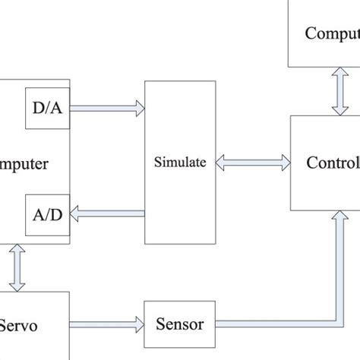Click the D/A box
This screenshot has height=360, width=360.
(48, 109)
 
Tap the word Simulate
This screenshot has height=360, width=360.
(180, 161)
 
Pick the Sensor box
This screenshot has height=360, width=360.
(179, 324)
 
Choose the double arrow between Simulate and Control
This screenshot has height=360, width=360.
(253, 162)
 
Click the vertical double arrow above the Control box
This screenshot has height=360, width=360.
(335, 91)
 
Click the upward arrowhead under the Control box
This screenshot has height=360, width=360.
(335, 218)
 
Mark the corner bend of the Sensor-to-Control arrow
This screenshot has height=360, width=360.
(335, 324)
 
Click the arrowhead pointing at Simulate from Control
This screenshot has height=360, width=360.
(220, 162)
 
